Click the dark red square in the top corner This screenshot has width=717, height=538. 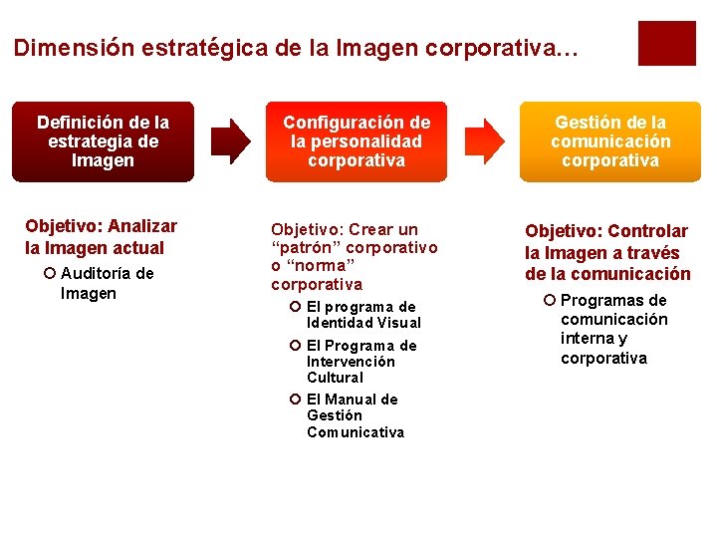point(666,43)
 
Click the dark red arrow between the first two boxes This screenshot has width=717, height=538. point(233,141)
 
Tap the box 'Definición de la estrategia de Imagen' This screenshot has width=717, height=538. point(104,141)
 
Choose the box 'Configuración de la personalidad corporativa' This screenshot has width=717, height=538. point(357,141)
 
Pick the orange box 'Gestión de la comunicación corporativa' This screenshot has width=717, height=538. point(610,141)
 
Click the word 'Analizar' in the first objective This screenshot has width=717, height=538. point(143,226)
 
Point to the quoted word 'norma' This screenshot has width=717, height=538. point(320,266)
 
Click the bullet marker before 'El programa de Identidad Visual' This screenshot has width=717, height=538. point(295,307)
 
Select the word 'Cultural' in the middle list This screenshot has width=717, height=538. point(335,378)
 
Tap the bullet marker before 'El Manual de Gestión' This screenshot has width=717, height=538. point(295,400)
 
